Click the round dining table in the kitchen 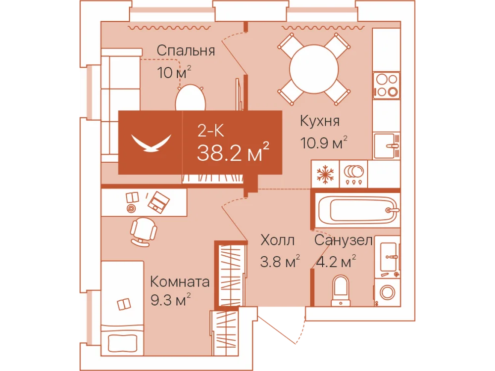tap(314, 69)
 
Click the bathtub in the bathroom tap(358, 210)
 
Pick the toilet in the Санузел tap(341, 290)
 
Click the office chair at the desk tap(144, 232)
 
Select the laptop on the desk tap(159, 202)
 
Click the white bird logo tap(151, 142)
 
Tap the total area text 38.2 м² tap(233, 152)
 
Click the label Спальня tap(186, 50)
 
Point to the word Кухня tap(320, 121)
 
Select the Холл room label tap(278, 240)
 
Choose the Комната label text tap(180, 281)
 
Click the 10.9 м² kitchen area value tap(324, 143)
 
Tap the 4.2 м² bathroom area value tap(336, 262)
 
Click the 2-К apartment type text tap(210, 130)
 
